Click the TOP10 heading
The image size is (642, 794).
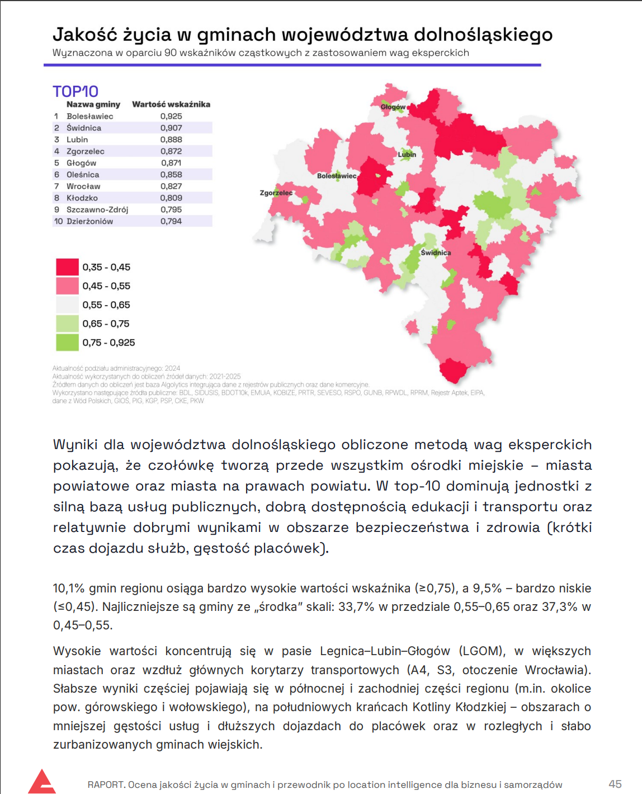click(75, 91)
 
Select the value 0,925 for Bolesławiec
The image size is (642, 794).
click(171, 116)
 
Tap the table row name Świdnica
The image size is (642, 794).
click(84, 128)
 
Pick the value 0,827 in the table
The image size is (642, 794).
click(171, 186)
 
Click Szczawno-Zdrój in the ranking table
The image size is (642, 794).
click(97, 210)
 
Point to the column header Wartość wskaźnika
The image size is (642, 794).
click(171, 105)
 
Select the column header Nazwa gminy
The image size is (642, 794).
click(93, 105)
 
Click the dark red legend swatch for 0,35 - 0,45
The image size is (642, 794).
click(67, 267)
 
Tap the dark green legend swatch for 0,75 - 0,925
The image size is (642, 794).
click(67, 342)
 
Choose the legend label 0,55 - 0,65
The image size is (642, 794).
click(106, 305)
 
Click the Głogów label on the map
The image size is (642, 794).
click(393, 107)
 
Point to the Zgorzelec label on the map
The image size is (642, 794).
click(276, 193)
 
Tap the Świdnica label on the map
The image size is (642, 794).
click(436, 253)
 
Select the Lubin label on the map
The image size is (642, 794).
click(407, 155)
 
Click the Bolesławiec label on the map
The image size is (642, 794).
click(337, 176)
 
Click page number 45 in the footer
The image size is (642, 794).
click(615, 784)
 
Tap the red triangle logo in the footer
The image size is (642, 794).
click(42, 782)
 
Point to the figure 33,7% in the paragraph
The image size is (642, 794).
click(356, 607)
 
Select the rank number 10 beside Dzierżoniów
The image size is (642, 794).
click(58, 222)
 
